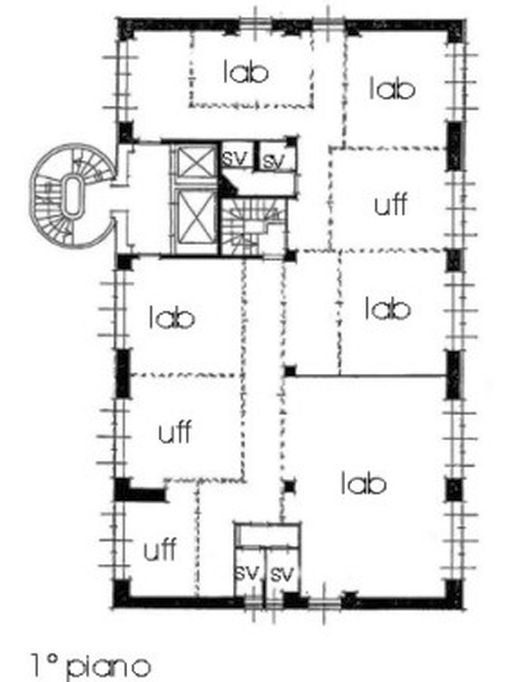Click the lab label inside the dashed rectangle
pos(245,72)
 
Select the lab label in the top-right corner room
pos(392,88)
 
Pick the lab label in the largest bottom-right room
pos(364,483)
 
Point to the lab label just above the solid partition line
pos(388,308)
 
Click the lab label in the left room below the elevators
pos(172,317)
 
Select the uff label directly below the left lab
pos(174,432)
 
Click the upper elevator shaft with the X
pos(196,163)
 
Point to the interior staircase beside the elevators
pos(253,226)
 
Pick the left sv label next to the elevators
pos(236,156)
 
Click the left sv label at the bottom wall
pos(247,573)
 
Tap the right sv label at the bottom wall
pos(282,574)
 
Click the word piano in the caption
pos(109,666)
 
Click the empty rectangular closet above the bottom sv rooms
pos(268,535)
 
